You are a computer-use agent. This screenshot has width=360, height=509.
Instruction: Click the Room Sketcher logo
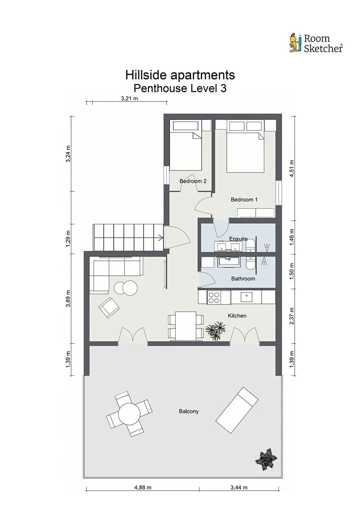[x=316, y=43]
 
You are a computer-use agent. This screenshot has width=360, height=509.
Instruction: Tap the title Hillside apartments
[x=180, y=75]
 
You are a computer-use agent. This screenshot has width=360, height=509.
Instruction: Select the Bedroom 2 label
[x=193, y=181]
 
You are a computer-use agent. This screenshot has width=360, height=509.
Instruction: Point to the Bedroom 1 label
[x=244, y=199]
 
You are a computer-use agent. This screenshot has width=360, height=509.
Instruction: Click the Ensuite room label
[x=238, y=239]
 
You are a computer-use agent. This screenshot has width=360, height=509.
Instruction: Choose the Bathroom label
[x=243, y=279]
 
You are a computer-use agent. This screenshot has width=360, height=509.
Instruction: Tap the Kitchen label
[x=237, y=316]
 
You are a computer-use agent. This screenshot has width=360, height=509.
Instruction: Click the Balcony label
[x=189, y=411]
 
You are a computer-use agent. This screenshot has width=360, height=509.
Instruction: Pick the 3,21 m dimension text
[x=129, y=98]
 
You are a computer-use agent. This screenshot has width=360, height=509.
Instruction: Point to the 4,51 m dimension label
[x=292, y=168]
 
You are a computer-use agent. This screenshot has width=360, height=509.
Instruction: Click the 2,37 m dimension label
[x=292, y=316]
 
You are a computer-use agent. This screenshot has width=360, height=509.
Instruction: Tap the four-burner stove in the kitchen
[x=214, y=297]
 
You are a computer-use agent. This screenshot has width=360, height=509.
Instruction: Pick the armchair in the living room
[x=109, y=308]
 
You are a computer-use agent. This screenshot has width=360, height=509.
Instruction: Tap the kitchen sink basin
[x=246, y=296]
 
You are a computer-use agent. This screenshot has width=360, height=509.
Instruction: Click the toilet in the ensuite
[x=250, y=246]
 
